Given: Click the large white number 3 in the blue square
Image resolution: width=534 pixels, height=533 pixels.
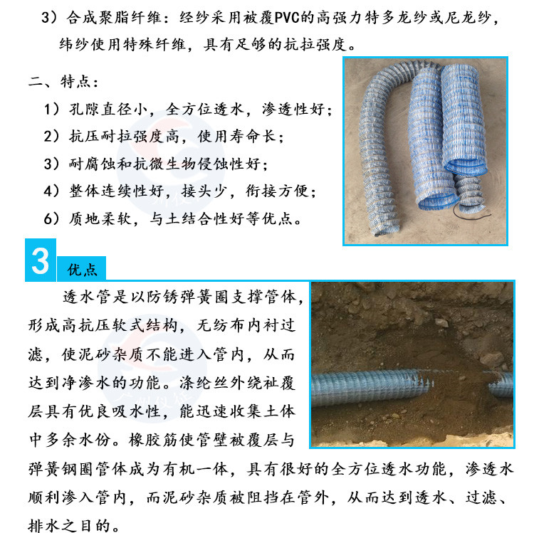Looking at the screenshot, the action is [40, 260].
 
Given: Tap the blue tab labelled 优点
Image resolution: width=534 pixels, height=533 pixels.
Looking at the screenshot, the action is [81, 269].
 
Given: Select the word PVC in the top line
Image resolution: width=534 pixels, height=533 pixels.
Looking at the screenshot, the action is [287, 17].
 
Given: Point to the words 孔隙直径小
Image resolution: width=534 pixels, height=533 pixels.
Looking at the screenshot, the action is [108, 110].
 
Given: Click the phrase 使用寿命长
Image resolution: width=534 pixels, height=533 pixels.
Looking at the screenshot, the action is [236, 137].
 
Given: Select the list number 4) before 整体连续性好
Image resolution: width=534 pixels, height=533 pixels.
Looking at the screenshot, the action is [51, 191].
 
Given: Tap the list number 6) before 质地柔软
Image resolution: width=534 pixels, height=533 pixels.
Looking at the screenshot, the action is [51, 218].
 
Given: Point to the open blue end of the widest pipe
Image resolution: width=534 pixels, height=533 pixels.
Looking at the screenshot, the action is [466, 167].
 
